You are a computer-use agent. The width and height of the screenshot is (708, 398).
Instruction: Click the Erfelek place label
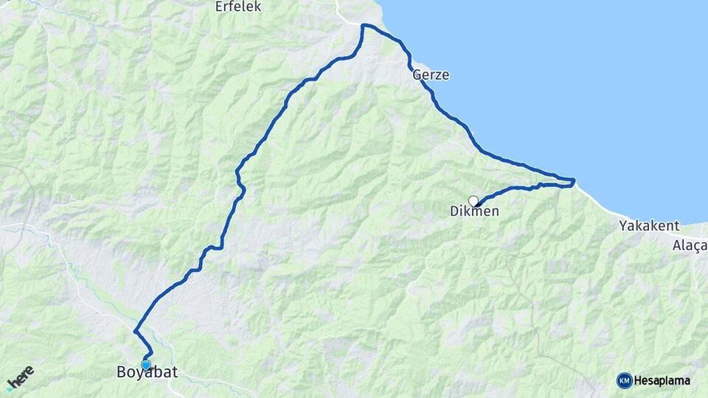[238, 7]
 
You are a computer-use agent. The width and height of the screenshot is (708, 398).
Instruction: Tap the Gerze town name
[431, 74]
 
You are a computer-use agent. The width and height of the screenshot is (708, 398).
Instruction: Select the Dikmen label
[474, 212]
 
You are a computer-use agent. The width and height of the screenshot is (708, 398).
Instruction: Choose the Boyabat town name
[147, 373]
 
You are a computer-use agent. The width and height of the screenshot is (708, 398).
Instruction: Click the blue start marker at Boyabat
[146, 364]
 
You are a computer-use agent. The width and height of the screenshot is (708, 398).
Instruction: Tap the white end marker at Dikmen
[473, 200]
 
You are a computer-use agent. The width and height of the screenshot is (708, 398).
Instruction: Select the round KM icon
[624, 380]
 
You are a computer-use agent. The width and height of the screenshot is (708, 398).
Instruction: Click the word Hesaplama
[662, 380]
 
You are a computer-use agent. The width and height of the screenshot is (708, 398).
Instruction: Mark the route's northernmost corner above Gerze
[363, 26]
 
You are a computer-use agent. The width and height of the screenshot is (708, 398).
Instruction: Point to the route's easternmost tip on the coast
[574, 180]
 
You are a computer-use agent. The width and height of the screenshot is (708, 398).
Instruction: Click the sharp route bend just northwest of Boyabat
[135, 332]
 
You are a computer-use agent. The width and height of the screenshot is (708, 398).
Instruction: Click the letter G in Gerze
[417, 74]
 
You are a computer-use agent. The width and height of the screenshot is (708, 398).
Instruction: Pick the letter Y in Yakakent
[623, 225]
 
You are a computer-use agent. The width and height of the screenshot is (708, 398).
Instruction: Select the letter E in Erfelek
[218, 7]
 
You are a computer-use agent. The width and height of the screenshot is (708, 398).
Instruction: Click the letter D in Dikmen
[454, 212]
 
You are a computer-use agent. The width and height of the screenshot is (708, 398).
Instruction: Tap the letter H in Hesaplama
[639, 380]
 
